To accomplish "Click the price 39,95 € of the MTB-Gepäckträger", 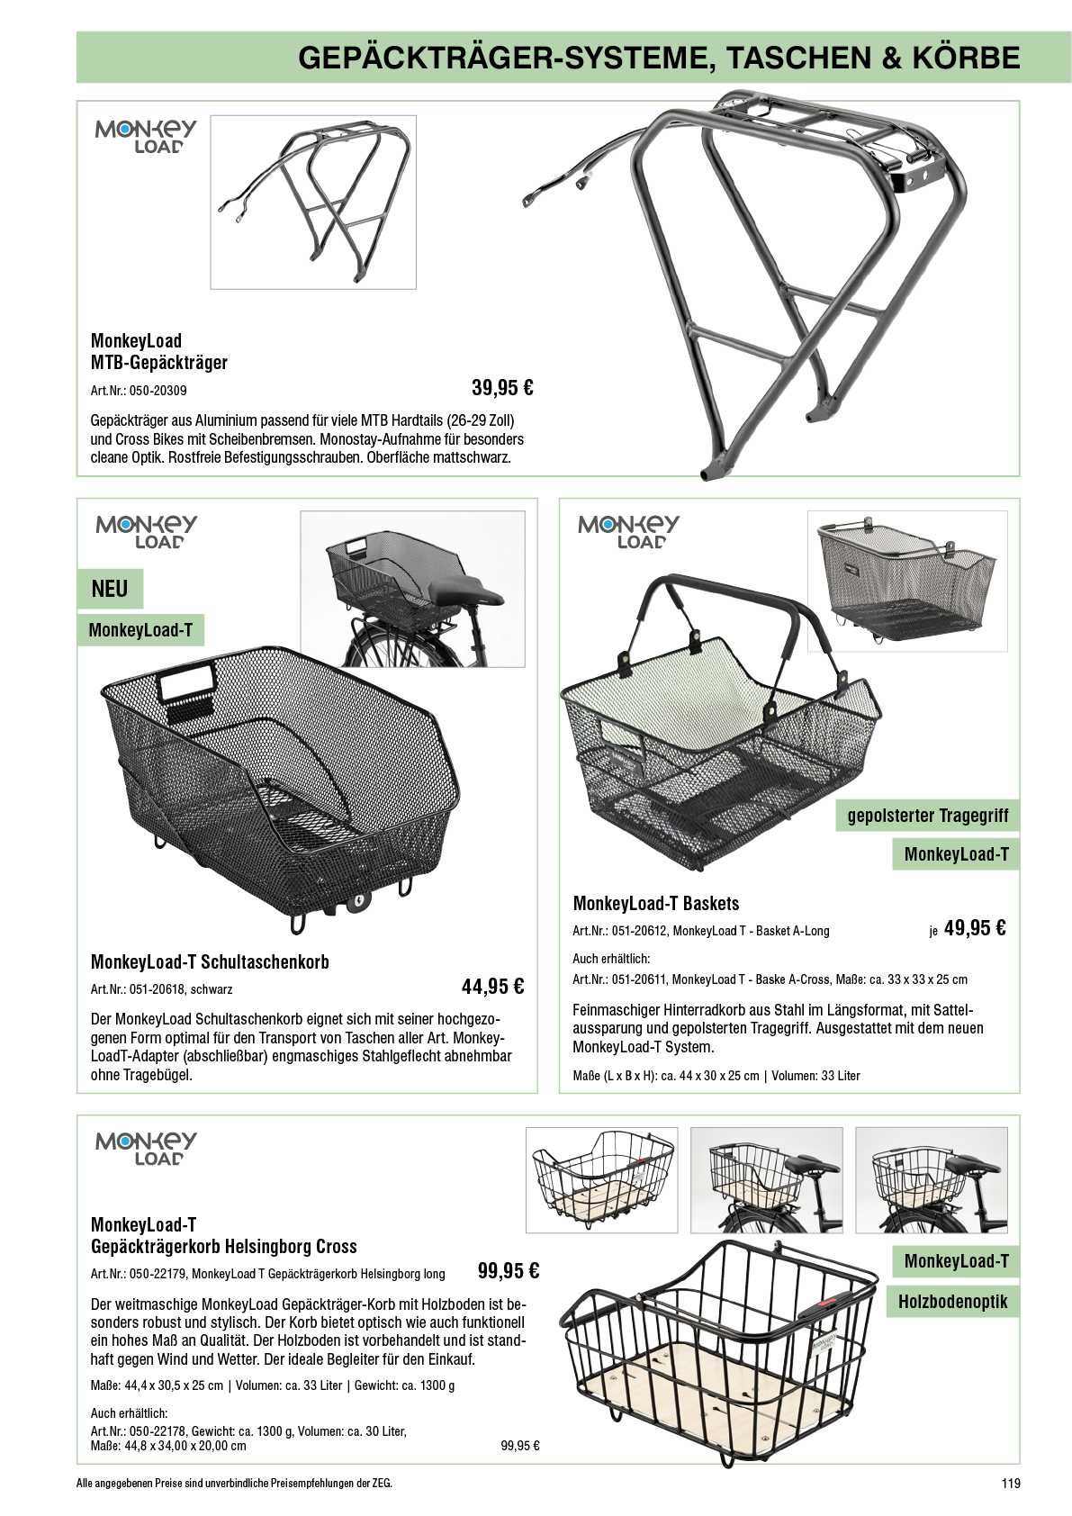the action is pyautogui.click(x=502, y=388).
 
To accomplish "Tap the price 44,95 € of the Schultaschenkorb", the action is pyautogui.click(x=492, y=986).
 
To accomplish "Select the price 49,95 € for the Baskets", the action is pyautogui.click(x=975, y=928).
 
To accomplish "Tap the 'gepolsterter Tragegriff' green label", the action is pyautogui.click(x=928, y=816).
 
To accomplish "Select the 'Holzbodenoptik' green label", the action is pyautogui.click(x=953, y=1302).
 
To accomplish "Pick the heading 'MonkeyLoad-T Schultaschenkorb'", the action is pyautogui.click(x=210, y=961).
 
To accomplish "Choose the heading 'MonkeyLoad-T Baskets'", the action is pyautogui.click(x=656, y=903).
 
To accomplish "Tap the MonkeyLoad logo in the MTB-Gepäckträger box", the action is pyautogui.click(x=146, y=137).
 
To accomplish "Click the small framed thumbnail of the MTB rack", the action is pyautogui.click(x=313, y=203).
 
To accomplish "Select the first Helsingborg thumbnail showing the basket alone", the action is pyautogui.click(x=601, y=1179).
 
